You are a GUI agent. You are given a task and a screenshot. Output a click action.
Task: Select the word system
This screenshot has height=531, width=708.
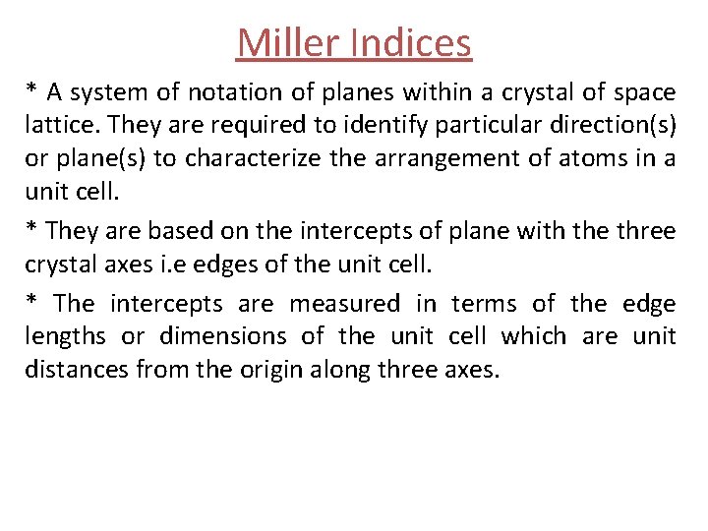pos(106,92)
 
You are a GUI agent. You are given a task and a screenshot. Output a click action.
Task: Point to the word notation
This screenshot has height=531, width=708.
pos(228,92)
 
